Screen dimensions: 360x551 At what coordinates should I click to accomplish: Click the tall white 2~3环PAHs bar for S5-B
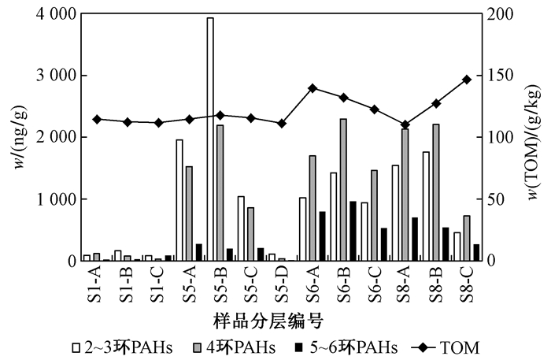210,139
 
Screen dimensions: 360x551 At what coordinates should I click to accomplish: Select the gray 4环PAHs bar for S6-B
343,190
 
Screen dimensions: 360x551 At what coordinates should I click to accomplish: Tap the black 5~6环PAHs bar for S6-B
353,231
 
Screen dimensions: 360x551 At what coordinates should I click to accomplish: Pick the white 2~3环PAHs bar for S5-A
179,200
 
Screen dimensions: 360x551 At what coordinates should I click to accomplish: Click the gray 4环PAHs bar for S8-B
435,192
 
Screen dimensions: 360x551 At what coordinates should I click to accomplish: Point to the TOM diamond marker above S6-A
312,88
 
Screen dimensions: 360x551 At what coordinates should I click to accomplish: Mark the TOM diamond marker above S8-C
467,80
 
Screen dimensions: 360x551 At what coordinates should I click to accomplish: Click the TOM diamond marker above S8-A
405,124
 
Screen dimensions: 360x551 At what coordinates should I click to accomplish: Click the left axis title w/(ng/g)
17,138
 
